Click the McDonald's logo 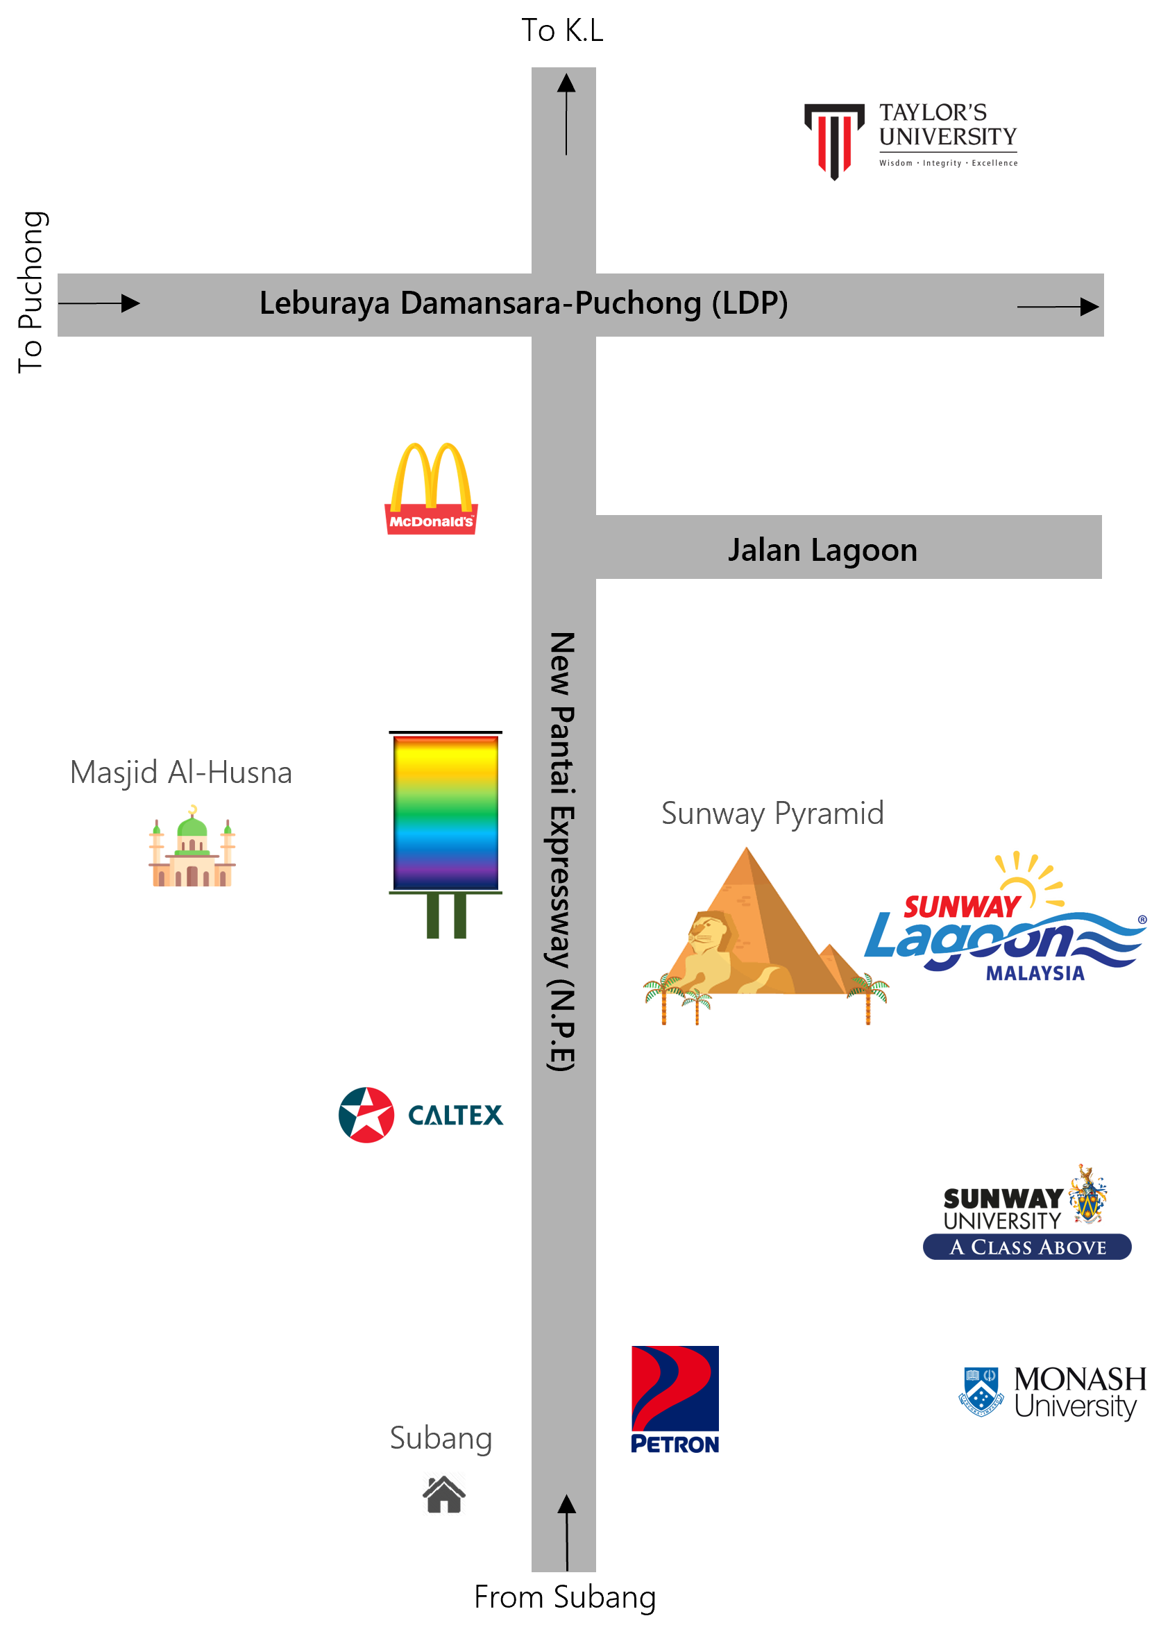(431, 489)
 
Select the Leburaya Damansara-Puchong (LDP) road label (523, 303)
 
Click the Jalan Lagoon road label (822, 550)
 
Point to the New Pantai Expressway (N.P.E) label (562, 851)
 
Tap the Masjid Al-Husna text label (181, 773)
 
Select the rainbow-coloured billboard (446, 814)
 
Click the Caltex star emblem (366, 1115)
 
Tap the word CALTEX (455, 1115)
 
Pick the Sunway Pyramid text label (772, 814)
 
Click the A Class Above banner (1026, 1247)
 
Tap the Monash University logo (1051, 1394)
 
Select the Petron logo (675, 1399)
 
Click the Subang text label (441, 1438)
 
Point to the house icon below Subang (444, 1493)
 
